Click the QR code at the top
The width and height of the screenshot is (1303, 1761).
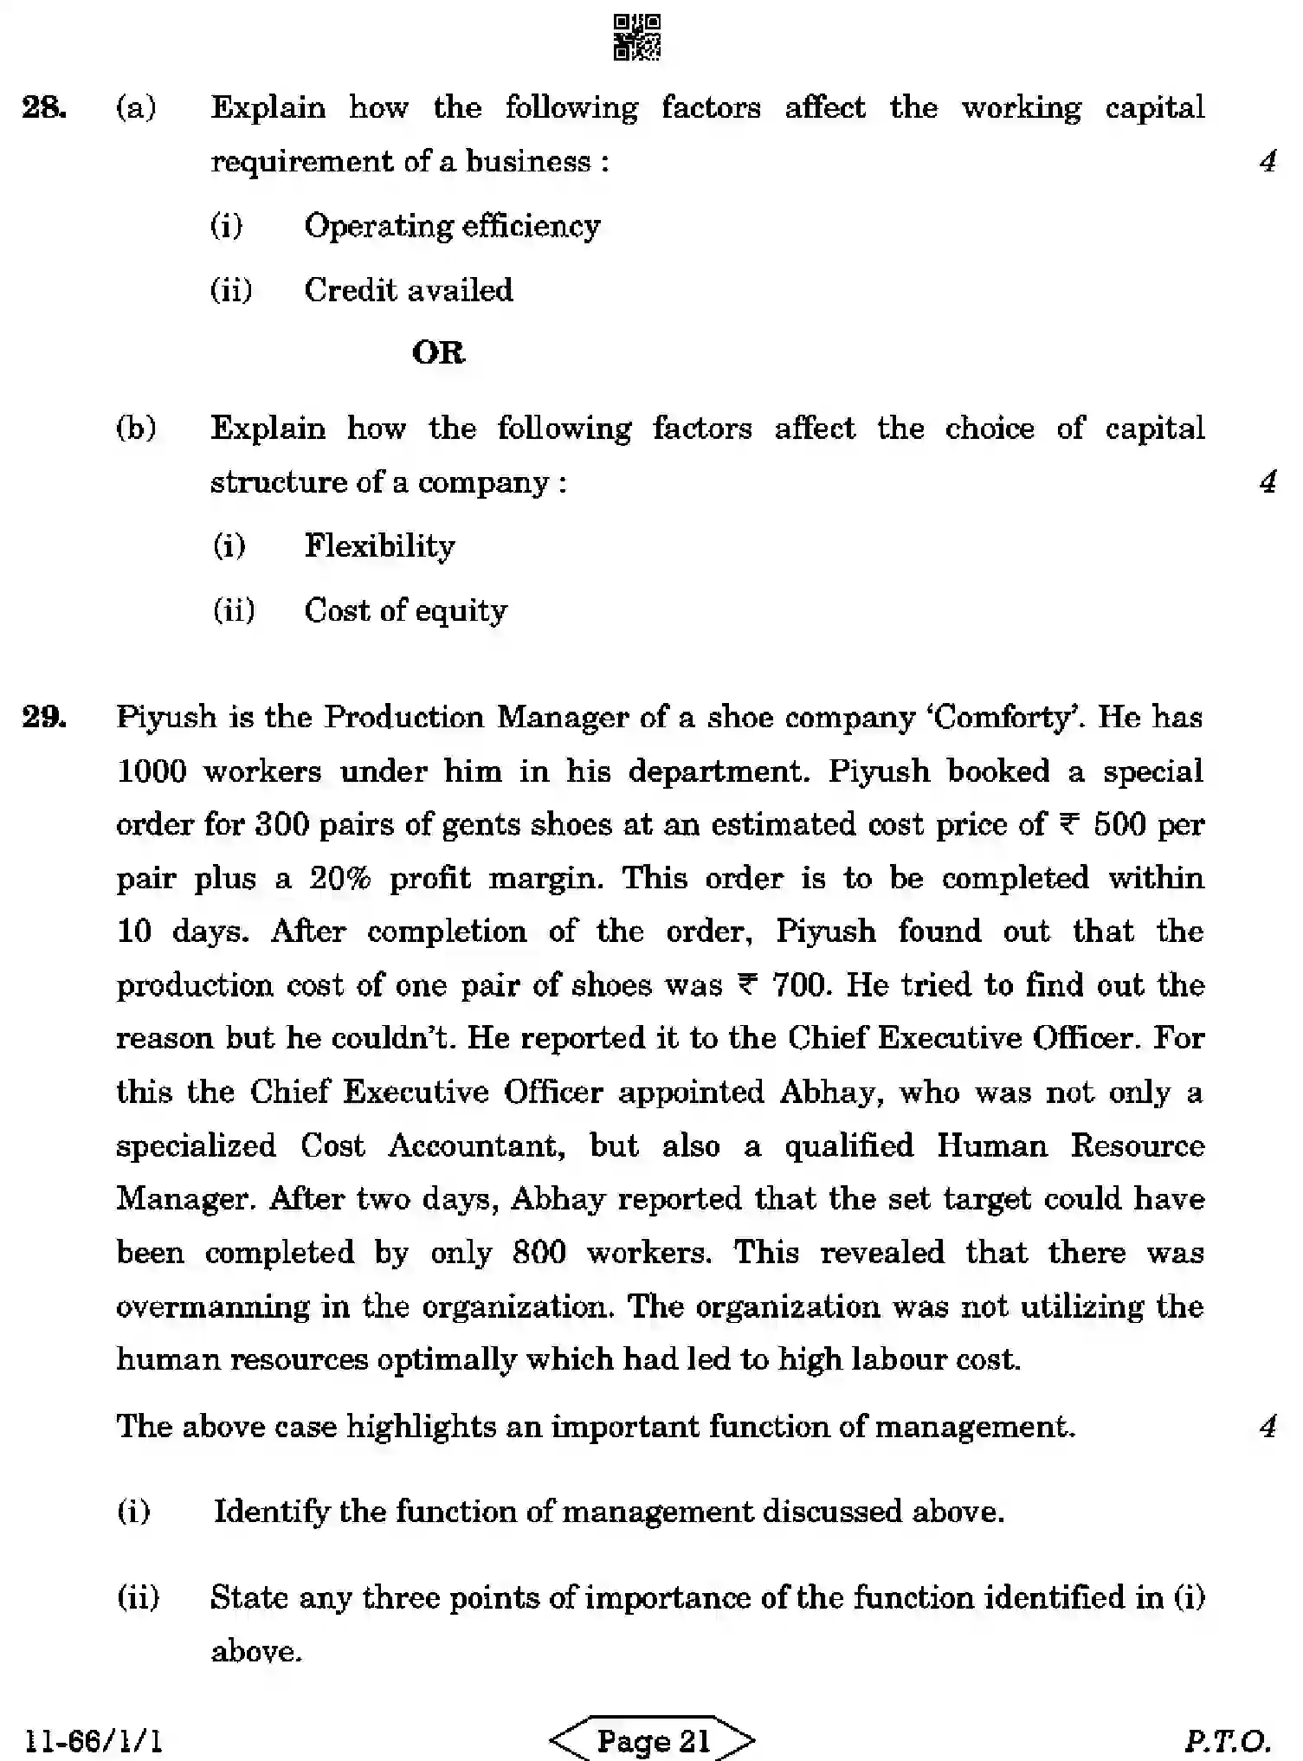point(637,37)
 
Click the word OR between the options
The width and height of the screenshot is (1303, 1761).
point(438,353)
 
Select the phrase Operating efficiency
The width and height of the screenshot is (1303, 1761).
point(452,226)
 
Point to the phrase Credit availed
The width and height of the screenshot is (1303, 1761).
point(409,290)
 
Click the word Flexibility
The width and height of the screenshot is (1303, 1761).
point(379,546)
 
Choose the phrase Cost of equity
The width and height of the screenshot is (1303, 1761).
point(406,611)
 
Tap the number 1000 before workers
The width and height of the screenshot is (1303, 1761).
point(152,771)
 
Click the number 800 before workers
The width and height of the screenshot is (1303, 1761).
point(539,1253)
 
